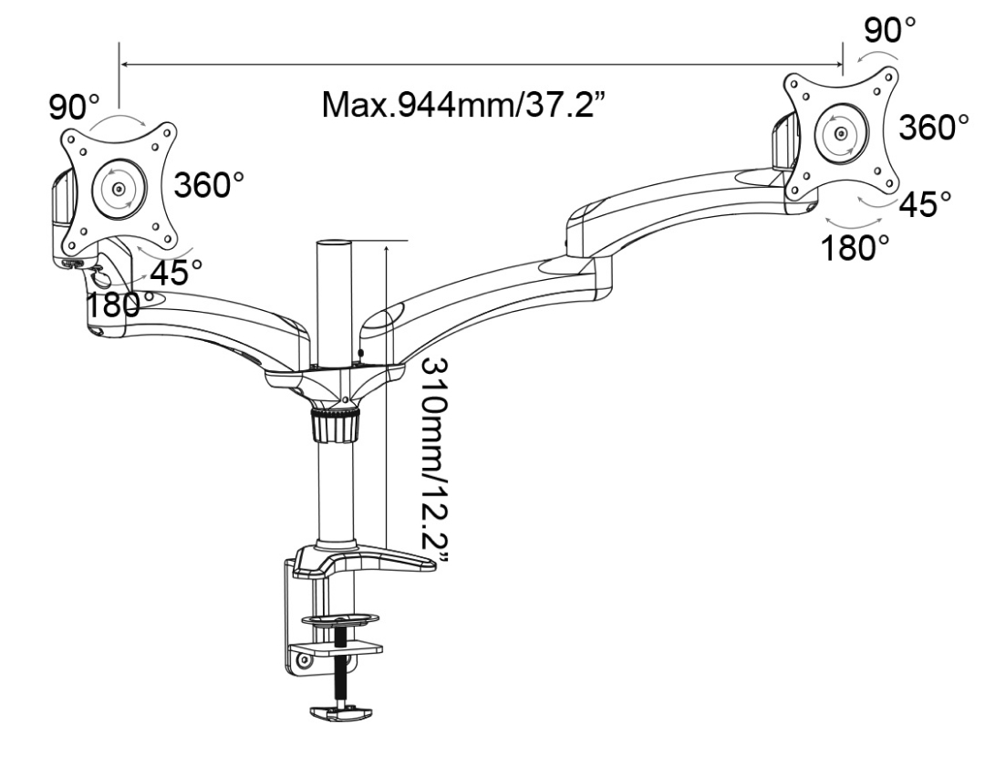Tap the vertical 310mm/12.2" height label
click(434, 462)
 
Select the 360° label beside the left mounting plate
click(209, 184)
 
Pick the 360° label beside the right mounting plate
click(934, 127)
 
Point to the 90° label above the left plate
click(74, 106)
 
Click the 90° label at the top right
click(889, 29)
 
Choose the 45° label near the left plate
click(177, 272)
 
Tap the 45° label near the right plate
click(925, 204)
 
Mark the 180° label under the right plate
click(855, 247)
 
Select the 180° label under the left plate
click(119, 305)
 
